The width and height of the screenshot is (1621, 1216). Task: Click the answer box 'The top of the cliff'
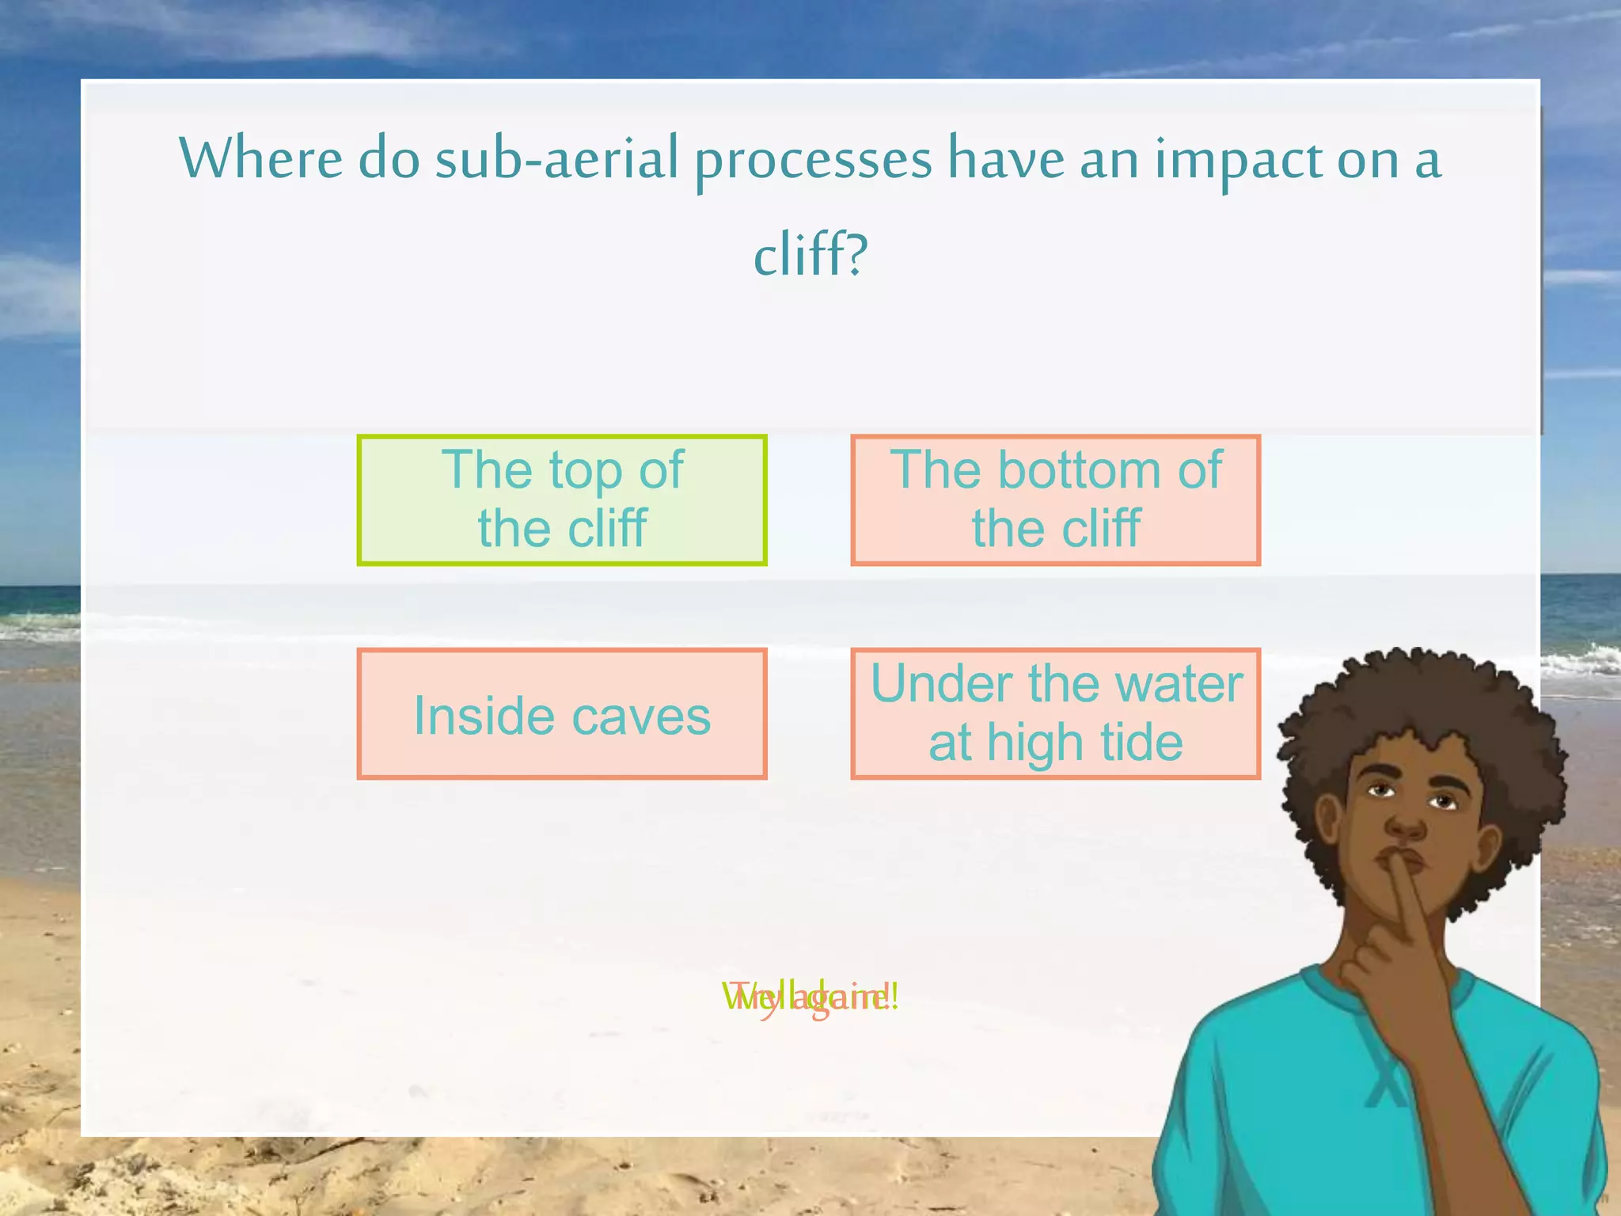tap(562, 500)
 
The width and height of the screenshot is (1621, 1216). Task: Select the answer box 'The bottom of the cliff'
tap(1055, 500)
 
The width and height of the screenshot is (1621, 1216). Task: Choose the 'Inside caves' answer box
tap(562, 713)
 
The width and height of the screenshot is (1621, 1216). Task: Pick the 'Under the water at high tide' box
tap(1055, 713)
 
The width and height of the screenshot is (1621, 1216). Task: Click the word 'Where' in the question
tap(261, 158)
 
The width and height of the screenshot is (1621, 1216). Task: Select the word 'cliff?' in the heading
tap(810, 255)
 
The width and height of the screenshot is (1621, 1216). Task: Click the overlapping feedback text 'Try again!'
tap(810, 997)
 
